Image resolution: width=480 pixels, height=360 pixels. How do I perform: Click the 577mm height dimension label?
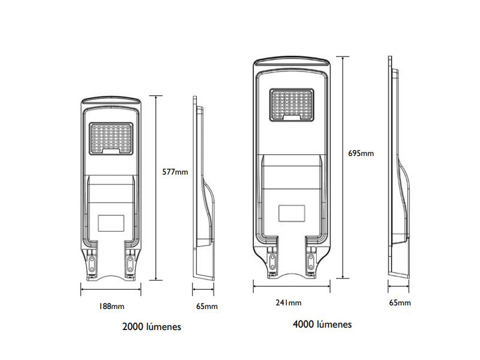coord(175,172)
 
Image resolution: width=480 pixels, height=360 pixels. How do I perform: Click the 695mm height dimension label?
coord(361,153)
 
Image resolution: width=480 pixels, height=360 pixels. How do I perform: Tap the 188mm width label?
coord(111,306)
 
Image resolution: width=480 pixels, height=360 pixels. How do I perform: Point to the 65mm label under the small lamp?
coord(207,306)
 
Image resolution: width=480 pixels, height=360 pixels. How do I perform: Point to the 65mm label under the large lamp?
coord(400,302)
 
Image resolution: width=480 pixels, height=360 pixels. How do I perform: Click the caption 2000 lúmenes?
coord(151,327)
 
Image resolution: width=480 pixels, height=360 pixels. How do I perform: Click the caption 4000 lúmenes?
coord(322,325)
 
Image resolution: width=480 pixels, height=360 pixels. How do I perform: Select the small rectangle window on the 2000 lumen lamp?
coord(112,222)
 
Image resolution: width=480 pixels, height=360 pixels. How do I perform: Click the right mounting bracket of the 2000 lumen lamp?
coord(130,263)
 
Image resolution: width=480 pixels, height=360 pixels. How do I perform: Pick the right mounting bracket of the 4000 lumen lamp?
coord(311,256)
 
